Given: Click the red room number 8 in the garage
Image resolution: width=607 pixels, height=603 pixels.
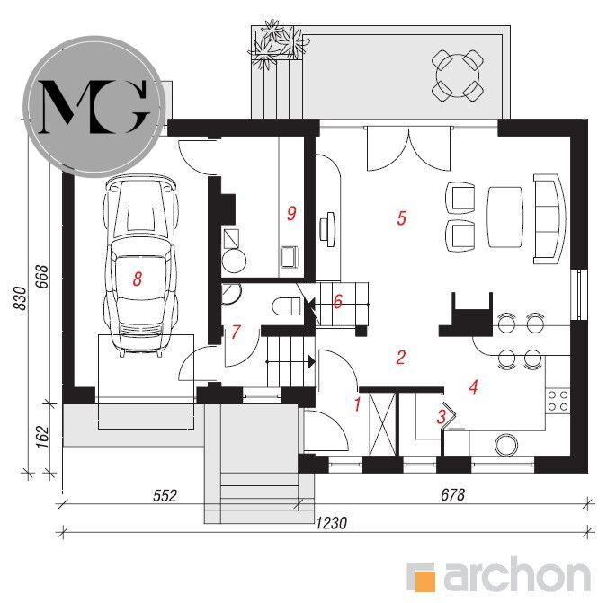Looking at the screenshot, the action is point(137,279).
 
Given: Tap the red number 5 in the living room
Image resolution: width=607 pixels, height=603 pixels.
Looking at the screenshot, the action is point(401,217).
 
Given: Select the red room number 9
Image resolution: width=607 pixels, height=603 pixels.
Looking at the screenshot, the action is point(291,213).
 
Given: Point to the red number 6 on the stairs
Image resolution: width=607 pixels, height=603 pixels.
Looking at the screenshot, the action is point(337,302).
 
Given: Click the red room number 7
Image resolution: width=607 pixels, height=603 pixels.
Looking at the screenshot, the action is point(236,332).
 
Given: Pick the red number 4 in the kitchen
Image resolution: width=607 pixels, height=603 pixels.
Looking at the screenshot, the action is point(473,386).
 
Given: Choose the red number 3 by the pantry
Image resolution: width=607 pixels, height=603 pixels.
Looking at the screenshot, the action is point(441,417).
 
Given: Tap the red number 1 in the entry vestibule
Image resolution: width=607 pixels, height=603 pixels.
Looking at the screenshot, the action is point(357,404).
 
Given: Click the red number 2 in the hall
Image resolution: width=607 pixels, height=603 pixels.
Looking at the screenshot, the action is point(401,357).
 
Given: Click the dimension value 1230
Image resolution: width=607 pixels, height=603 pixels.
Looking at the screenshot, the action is point(331,523).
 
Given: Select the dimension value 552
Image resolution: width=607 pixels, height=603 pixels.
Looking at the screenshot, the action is point(165,495).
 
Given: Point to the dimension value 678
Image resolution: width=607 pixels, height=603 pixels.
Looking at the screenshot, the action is point(452,494).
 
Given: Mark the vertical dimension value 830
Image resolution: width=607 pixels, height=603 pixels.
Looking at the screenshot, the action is point(20,297).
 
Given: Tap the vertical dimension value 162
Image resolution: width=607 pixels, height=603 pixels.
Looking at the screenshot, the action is point(42,437).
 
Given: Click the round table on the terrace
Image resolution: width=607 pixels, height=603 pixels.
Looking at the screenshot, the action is point(458,75).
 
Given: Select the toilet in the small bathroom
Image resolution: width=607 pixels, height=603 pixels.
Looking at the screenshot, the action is point(287,306).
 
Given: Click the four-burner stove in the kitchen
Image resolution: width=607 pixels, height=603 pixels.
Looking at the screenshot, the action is point(558,401).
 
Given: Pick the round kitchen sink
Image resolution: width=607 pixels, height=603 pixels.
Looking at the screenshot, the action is point(506,445).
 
